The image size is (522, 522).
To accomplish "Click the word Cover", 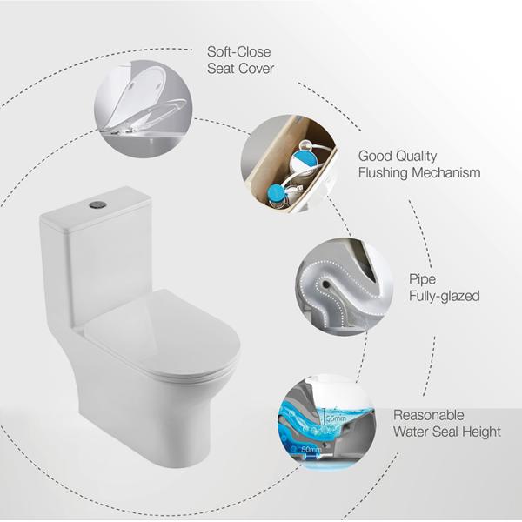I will [x=256, y=70].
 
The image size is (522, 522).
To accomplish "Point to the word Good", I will [x=375, y=157].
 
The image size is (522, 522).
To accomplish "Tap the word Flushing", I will [x=385, y=173].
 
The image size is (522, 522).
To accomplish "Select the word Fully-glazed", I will [x=444, y=297].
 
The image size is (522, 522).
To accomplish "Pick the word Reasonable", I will [x=429, y=415].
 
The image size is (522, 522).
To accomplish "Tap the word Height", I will [x=481, y=432].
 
